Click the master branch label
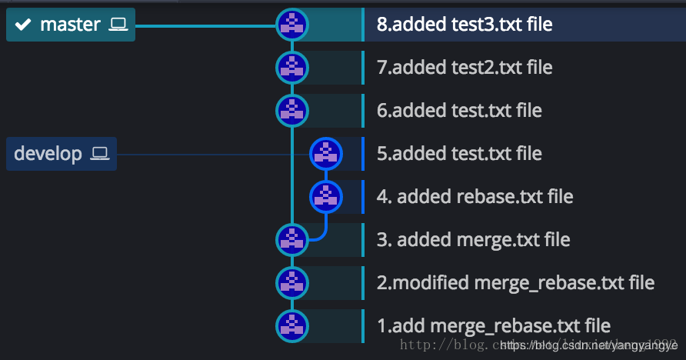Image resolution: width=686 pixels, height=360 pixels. pos(70,25)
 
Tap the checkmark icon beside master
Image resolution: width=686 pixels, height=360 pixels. pos(23,25)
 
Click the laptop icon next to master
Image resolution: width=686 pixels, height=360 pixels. pos(118,25)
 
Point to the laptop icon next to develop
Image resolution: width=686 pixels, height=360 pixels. pos(100,154)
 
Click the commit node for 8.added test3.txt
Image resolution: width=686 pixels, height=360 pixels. pos(291,25)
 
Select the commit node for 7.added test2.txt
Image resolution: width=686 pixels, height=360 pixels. pos(291,68)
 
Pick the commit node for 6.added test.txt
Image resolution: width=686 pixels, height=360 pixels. pos(291,111)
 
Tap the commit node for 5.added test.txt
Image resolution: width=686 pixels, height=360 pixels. pos(325,154)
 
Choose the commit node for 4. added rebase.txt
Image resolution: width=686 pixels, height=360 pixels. pos(325,197)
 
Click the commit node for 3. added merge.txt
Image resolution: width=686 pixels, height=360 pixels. pos(291,240)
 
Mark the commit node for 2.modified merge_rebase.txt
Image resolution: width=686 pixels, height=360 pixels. pos(291,283)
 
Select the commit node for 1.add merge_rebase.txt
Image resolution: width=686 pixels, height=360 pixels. pos(291,326)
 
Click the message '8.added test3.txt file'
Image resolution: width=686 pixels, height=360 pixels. pos(465,25)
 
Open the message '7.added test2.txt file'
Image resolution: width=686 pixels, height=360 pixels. pos(465,68)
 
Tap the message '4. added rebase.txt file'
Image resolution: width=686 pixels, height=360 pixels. pos(475,197)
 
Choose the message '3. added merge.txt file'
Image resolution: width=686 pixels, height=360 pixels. pos(473,240)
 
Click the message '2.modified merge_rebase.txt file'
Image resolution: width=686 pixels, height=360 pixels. pos(515,283)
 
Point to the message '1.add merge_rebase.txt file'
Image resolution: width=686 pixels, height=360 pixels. pos(493,326)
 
